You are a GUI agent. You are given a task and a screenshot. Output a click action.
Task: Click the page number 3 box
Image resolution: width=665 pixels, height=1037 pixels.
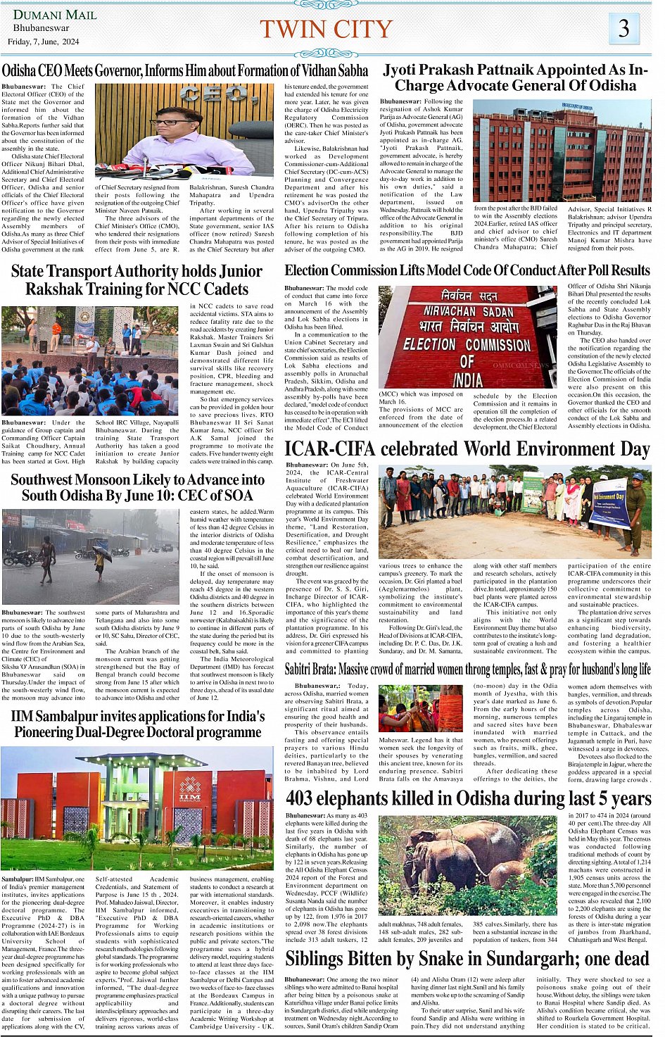(623, 28)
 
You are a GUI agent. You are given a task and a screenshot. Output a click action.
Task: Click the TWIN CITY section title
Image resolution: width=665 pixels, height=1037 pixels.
(326, 30)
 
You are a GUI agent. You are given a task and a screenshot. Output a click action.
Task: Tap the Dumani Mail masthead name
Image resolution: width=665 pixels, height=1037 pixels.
(46, 15)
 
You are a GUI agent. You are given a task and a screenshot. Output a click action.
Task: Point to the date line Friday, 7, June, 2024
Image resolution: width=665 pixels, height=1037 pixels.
(44, 42)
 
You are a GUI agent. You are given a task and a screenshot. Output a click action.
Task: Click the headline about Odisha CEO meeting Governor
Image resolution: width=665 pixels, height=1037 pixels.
(185, 70)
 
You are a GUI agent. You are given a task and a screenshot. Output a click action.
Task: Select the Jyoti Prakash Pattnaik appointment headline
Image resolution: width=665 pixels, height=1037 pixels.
(515, 77)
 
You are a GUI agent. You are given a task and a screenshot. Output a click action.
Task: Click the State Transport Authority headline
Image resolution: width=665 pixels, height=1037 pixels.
(137, 280)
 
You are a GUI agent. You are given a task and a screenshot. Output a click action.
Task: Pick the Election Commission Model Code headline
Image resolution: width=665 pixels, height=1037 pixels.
(467, 270)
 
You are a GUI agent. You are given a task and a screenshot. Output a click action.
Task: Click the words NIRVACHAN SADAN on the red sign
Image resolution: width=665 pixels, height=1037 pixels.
(468, 311)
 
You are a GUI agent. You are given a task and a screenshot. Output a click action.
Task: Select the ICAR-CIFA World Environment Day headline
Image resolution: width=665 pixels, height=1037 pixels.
(467, 449)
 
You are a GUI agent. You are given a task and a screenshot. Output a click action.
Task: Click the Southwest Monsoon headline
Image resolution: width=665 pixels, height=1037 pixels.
(138, 487)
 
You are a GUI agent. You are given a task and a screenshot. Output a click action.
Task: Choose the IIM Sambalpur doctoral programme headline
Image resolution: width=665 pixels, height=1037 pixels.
(138, 724)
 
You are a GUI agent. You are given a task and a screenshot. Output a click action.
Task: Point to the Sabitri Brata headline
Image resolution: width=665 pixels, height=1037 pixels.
(467, 669)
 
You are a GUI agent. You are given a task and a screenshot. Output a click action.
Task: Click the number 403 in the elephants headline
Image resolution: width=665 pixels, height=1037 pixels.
(300, 799)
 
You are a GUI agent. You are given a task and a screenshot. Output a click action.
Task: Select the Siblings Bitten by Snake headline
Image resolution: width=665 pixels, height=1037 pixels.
(467, 959)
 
